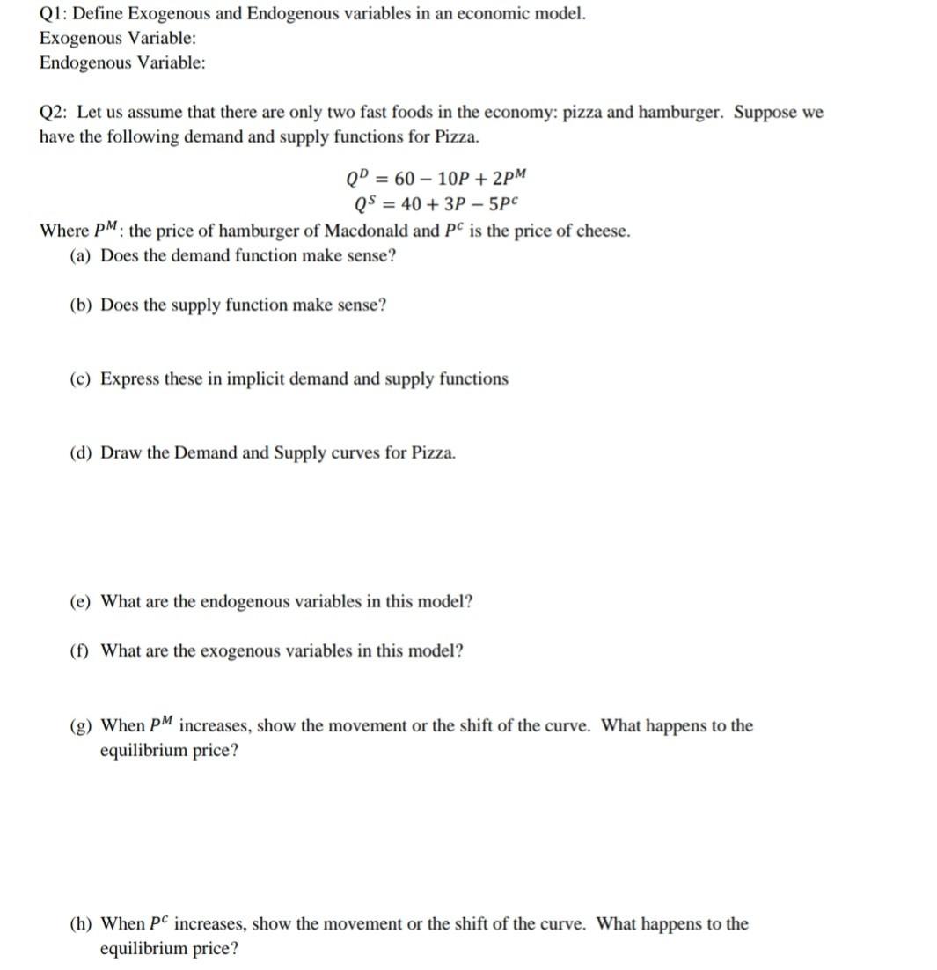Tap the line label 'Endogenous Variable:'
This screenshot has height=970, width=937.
point(122,62)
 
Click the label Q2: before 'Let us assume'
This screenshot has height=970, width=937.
point(55,113)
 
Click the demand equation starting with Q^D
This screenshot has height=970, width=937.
point(436,180)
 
